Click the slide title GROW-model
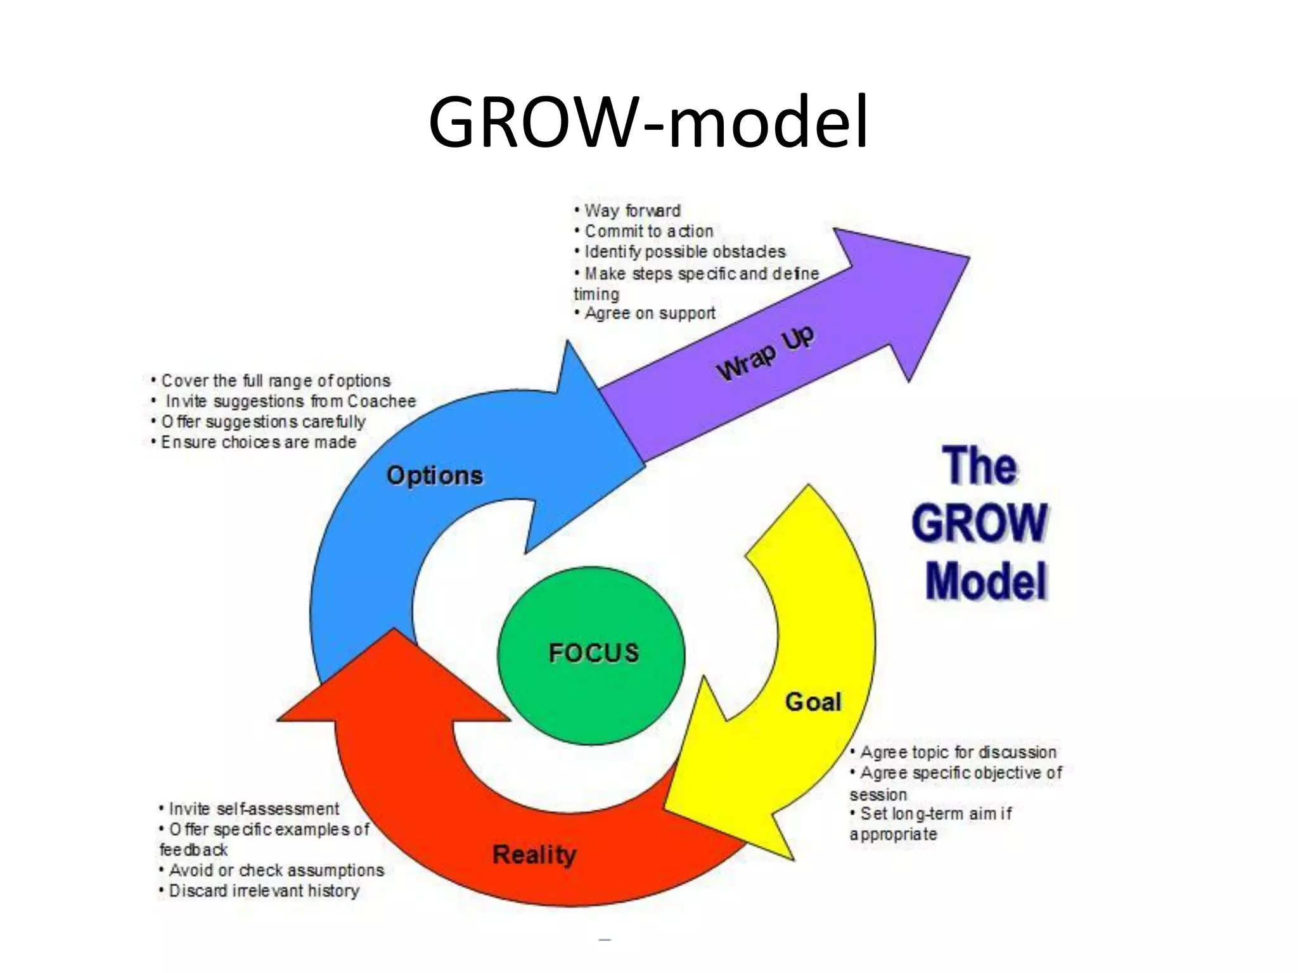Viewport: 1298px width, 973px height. point(648,122)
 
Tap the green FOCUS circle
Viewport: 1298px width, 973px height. point(591,656)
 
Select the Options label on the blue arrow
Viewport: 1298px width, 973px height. point(435,475)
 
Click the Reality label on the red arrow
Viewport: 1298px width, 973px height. point(534,855)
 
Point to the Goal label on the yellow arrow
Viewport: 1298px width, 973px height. point(813,702)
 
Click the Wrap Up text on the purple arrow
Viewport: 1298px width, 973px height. point(765,353)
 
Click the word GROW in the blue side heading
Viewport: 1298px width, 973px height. point(979,523)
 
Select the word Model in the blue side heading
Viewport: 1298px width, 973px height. point(986,581)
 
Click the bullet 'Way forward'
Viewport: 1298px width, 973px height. point(632,210)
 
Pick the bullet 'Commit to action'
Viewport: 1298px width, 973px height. point(648,231)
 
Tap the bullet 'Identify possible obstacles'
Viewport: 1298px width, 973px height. point(684,251)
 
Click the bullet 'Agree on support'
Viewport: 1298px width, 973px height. point(650,313)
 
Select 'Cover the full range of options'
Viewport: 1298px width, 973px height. point(275,381)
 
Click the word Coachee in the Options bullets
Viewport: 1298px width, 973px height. point(382,401)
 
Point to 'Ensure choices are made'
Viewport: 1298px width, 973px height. point(258,442)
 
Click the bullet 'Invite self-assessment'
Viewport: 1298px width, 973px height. point(254,809)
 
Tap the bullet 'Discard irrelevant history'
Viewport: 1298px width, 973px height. point(264,891)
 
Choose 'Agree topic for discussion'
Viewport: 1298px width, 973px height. point(958,752)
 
